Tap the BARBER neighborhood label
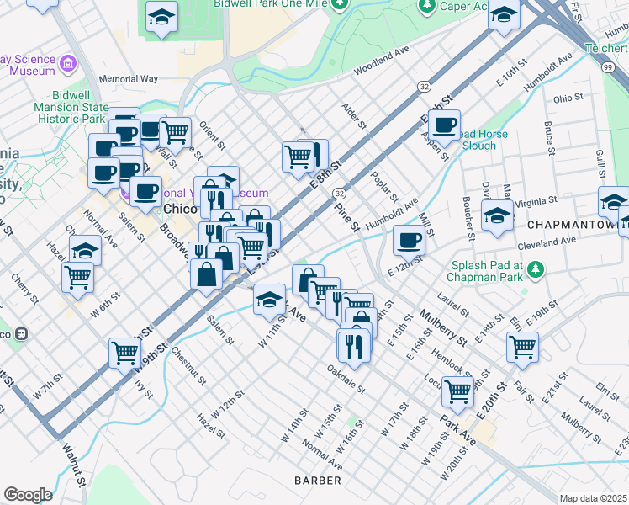318,481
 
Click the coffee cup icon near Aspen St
444,126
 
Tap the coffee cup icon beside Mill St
409,240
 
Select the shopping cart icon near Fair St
522,345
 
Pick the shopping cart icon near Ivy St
124,352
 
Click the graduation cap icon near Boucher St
497,215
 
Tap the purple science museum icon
68,64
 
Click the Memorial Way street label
129,79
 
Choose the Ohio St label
573,98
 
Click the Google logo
28,495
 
